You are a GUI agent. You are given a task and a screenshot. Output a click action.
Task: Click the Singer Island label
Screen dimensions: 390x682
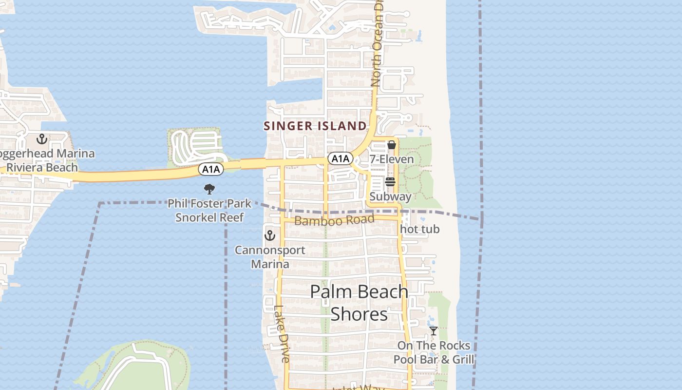pos(315,126)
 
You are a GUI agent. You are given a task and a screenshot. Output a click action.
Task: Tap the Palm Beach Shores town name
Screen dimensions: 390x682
pos(359,303)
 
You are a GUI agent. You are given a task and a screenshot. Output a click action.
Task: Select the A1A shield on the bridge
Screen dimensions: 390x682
pos(211,169)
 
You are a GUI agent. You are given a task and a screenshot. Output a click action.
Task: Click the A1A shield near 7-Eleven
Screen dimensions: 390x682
pos(340,158)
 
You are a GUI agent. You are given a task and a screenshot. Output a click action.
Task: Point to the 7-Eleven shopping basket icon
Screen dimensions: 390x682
pos(391,145)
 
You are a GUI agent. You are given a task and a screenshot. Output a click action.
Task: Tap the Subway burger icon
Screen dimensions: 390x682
pos(390,182)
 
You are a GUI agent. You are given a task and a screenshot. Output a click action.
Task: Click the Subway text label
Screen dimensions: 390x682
pos(390,196)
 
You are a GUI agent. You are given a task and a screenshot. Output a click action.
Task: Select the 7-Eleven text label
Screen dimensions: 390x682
pos(392,159)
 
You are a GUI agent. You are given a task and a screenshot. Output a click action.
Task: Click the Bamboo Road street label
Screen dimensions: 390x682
pos(334,220)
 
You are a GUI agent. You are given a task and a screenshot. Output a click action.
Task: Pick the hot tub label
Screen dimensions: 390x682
pos(419,229)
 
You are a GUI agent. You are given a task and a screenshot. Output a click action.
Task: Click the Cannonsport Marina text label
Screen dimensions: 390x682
pos(270,257)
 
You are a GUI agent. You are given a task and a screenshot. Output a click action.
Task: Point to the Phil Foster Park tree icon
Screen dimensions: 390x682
pos(209,189)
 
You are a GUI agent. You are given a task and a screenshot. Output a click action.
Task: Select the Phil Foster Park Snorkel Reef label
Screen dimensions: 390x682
pos(209,210)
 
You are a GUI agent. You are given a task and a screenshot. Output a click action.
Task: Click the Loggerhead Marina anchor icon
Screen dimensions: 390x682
pos(42,139)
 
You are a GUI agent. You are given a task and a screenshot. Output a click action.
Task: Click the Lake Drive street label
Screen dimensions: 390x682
pos(282,333)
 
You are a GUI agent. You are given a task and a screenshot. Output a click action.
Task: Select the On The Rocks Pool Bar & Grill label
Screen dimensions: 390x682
pos(434,352)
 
